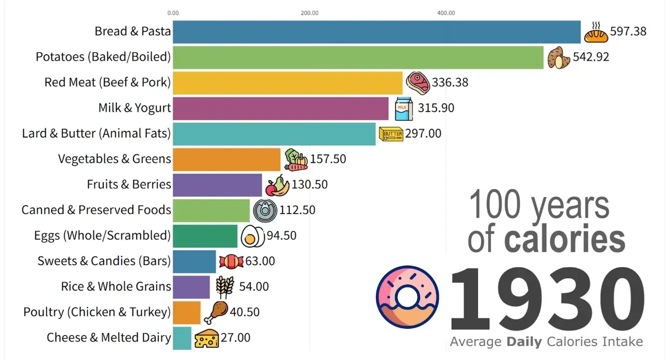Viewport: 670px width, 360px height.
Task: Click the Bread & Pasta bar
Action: click(x=376, y=32)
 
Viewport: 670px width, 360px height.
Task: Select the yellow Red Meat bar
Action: click(x=288, y=83)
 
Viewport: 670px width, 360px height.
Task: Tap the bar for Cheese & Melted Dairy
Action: click(x=182, y=338)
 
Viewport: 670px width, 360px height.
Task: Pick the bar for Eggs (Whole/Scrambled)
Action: click(x=205, y=236)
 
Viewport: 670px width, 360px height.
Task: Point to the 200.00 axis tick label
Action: click(x=310, y=13)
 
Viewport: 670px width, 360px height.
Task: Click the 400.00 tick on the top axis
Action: click(x=446, y=13)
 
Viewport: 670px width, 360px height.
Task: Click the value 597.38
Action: click(x=628, y=31)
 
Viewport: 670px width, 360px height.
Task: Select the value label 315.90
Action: click(x=436, y=108)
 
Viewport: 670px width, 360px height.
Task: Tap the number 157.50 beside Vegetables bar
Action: click(x=328, y=159)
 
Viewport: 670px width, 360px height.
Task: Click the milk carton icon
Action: click(x=404, y=109)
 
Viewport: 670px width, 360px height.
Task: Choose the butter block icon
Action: click(x=391, y=134)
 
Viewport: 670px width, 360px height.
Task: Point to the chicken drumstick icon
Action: click(x=216, y=312)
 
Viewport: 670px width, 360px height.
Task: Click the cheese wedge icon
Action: click(x=206, y=338)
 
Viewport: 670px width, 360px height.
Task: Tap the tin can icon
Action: click(x=265, y=211)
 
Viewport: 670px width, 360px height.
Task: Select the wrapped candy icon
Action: click(x=231, y=262)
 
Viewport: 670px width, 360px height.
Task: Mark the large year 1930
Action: click(x=547, y=298)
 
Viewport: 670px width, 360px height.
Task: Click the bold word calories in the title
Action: click(x=565, y=238)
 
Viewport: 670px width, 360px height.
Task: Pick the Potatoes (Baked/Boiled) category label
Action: click(x=103, y=57)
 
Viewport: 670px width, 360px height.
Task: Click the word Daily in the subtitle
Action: click(x=524, y=342)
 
